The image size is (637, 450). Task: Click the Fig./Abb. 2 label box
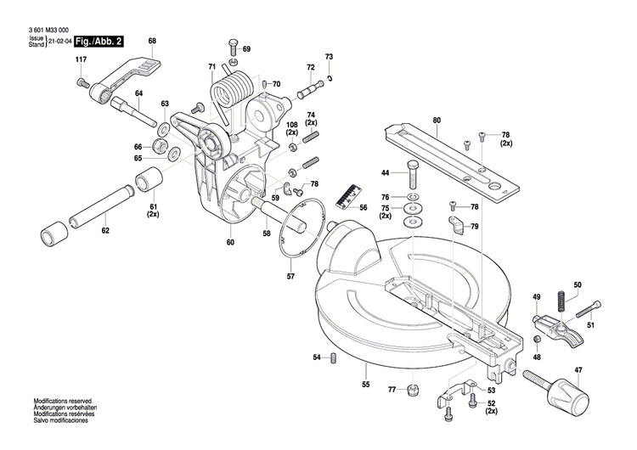[x=99, y=42]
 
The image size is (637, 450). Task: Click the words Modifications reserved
[x=62, y=401]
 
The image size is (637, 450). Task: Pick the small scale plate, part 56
[x=343, y=197]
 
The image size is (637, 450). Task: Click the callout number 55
[x=366, y=385]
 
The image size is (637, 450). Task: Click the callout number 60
[x=229, y=243]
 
